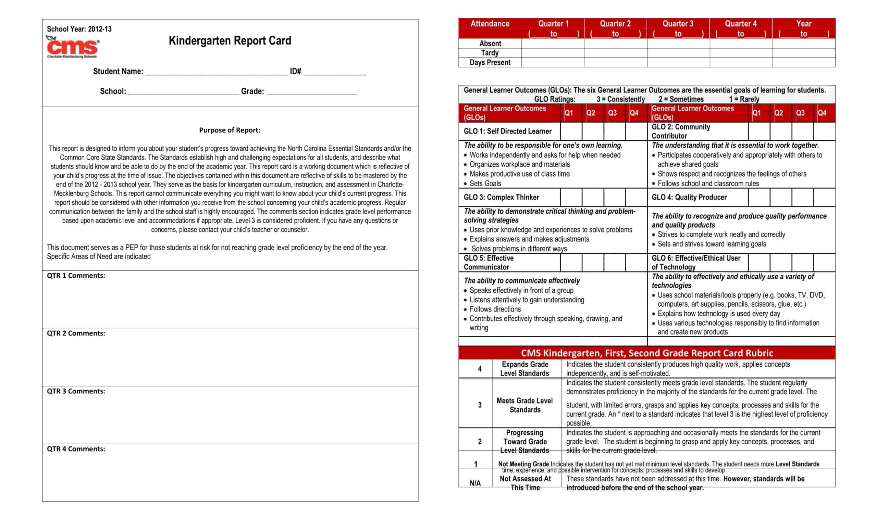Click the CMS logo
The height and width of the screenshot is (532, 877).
[x=73, y=47]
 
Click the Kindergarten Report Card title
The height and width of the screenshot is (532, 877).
[x=230, y=40]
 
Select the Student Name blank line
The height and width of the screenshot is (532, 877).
[x=217, y=72]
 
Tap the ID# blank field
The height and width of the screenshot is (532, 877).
[x=335, y=72]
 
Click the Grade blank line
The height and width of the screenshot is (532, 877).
[x=311, y=92]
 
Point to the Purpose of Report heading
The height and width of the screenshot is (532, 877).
[x=230, y=130]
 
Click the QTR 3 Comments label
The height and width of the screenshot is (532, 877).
[x=76, y=391]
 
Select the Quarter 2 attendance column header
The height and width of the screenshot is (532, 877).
[x=615, y=28]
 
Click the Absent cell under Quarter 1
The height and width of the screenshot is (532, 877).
[x=552, y=43]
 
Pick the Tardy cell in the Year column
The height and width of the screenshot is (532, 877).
[x=804, y=53]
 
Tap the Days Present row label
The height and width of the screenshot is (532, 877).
[x=490, y=63]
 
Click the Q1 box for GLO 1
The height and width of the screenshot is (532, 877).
[x=571, y=131]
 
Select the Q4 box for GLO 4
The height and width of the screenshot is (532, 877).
[x=824, y=198]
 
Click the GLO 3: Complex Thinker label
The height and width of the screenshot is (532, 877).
[x=501, y=198]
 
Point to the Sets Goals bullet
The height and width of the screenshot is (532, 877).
[x=485, y=183]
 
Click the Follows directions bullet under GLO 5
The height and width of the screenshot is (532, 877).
[x=495, y=309]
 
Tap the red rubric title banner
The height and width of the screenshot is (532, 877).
[x=647, y=353]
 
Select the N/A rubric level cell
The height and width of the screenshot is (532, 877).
[x=475, y=483]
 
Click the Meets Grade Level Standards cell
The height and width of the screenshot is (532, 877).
[x=524, y=405]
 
